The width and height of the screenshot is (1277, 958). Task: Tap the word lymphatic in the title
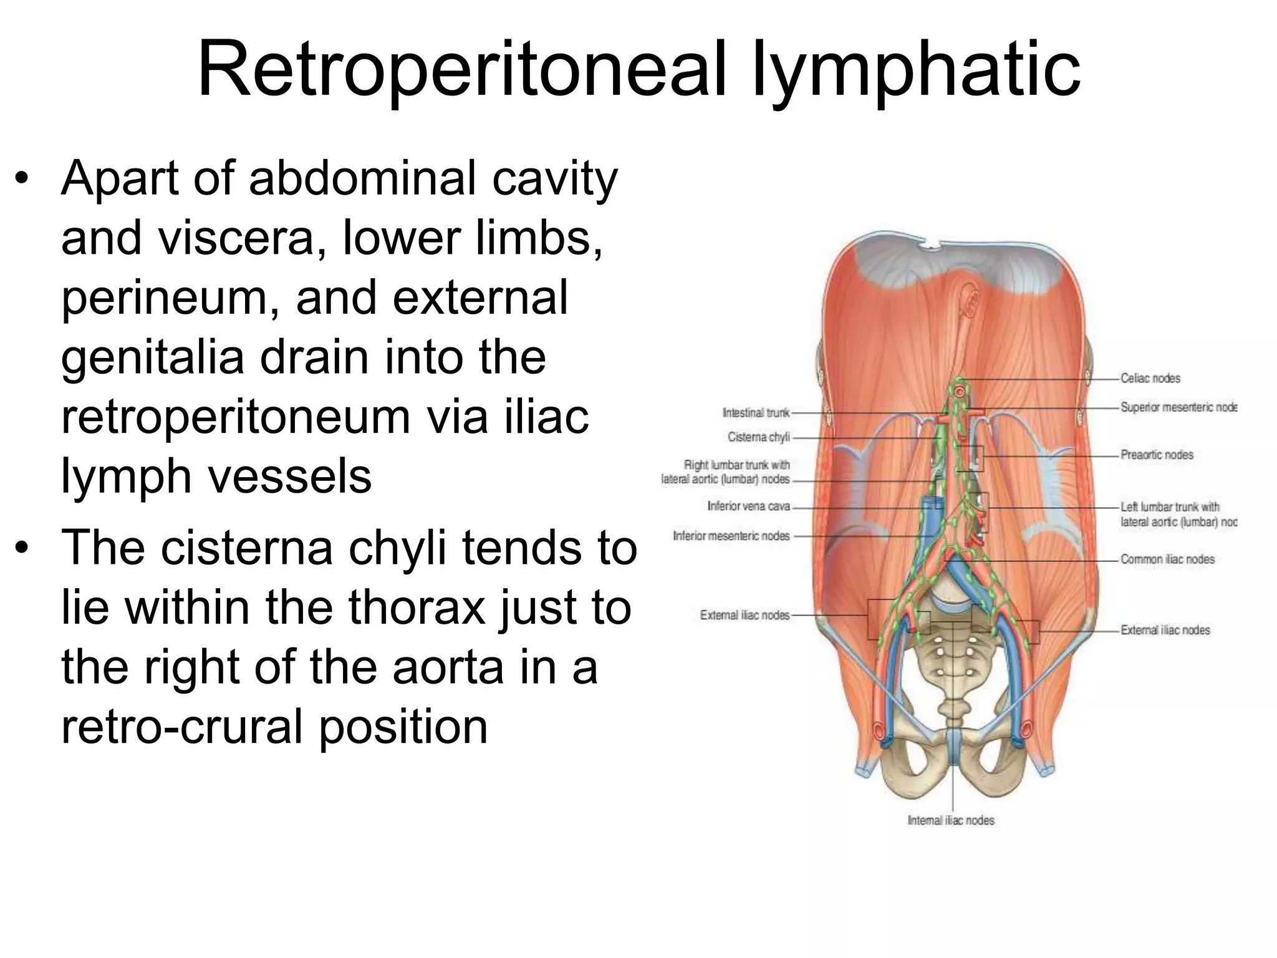(917, 70)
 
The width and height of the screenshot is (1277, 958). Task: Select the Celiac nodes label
(1150, 379)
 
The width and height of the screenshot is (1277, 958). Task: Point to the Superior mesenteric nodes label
(1178, 408)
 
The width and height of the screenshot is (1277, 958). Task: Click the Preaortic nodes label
(1157, 455)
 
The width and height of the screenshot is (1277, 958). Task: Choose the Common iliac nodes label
(1167, 559)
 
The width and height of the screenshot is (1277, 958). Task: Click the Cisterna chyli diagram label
(758, 437)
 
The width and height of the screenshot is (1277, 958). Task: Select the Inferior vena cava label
(748, 506)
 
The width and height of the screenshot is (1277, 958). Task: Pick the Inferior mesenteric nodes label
(731, 536)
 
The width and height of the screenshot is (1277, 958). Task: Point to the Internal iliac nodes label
(951, 821)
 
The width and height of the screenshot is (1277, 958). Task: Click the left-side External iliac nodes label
(745, 616)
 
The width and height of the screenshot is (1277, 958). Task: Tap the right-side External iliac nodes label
(1165, 631)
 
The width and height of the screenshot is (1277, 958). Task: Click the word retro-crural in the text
(184, 727)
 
